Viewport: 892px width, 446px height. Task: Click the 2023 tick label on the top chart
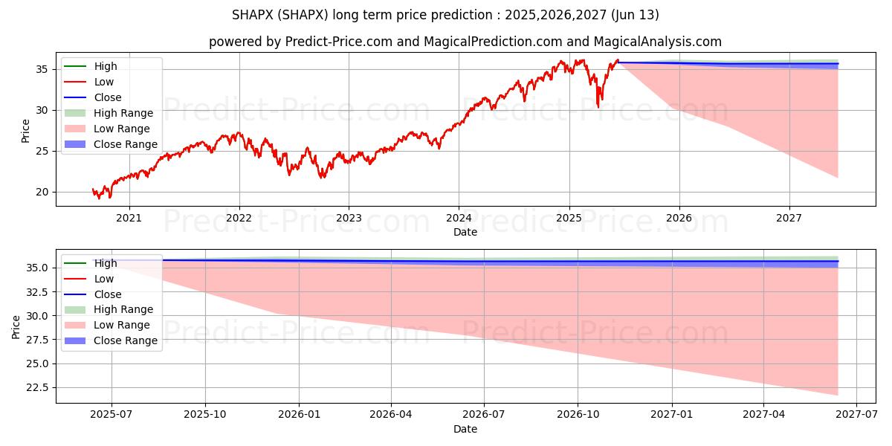click(x=349, y=218)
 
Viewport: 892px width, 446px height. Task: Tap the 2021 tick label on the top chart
click(x=129, y=218)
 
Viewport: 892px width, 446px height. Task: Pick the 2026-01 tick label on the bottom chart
click(x=299, y=415)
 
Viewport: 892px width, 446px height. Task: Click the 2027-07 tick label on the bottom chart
click(x=856, y=415)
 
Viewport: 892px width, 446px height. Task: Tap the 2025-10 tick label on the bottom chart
click(x=205, y=415)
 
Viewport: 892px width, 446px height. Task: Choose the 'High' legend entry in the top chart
click(x=106, y=66)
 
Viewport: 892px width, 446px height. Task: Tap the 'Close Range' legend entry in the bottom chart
click(x=126, y=340)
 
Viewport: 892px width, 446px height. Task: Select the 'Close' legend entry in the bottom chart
click(x=108, y=294)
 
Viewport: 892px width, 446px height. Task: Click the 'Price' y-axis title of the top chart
click(x=26, y=131)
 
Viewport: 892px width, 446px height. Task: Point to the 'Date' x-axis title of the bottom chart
click(x=465, y=429)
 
